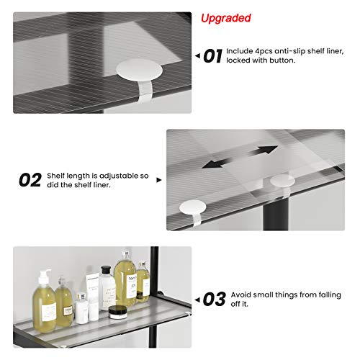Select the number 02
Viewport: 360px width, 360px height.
pyautogui.click(x=30, y=179)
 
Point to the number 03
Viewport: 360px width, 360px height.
pyautogui.click(x=214, y=297)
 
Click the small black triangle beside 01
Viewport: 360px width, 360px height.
pyautogui.click(x=197, y=55)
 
